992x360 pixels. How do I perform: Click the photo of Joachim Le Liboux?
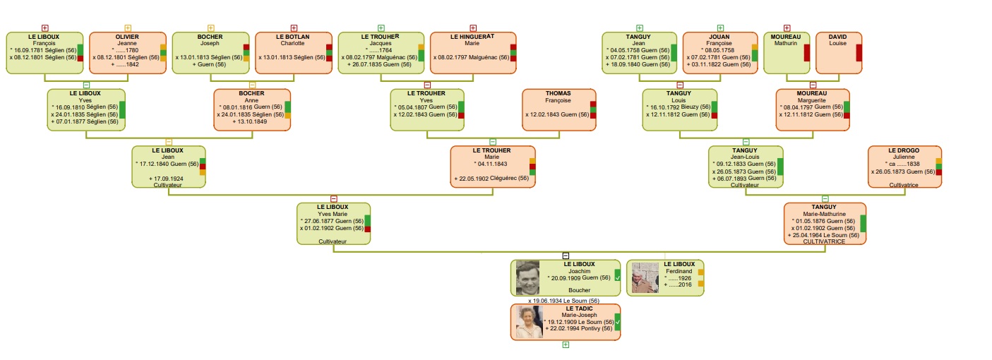coord(528,277)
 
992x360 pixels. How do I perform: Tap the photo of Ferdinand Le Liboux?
coord(645,277)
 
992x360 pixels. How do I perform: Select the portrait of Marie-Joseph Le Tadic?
coord(530,322)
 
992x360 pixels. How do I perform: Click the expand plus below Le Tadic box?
coord(566,344)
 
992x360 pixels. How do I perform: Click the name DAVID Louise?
coord(837,40)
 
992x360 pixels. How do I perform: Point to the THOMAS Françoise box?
coord(559,110)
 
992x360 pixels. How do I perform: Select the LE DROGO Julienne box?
coord(904,167)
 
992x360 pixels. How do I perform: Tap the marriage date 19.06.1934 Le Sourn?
coord(563,301)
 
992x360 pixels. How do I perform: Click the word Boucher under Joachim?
coord(579,290)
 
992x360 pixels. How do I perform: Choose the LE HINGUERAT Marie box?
coord(473,53)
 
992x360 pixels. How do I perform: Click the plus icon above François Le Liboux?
coord(44,28)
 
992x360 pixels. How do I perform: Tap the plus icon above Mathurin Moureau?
coord(787,28)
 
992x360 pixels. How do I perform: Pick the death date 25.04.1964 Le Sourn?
coord(824,235)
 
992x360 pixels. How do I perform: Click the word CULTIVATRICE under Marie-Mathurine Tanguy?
coord(824,241)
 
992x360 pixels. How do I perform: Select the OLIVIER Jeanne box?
coord(128,53)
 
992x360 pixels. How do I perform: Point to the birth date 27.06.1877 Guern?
coord(332,221)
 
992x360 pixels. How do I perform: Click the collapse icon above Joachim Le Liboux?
coord(566,256)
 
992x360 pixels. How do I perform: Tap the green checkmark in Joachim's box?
coord(617,277)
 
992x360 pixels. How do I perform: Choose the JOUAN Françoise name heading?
coord(719,40)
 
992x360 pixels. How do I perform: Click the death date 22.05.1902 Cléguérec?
coord(491,179)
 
